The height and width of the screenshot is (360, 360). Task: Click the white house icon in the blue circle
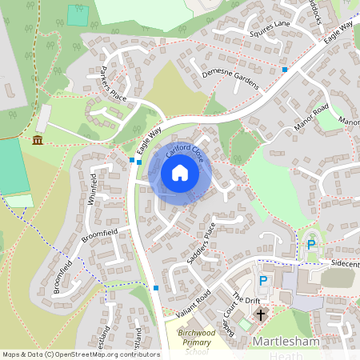click(x=180, y=173)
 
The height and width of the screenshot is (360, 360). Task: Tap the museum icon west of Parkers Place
click(x=38, y=142)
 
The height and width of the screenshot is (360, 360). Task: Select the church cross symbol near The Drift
click(x=261, y=315)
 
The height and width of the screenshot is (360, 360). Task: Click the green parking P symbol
click(x=311, y=245)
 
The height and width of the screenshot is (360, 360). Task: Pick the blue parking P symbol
click(x=263, y=282)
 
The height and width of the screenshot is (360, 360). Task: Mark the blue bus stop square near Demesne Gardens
click(x=285, y=70)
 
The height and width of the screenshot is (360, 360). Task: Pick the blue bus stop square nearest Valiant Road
click(x=155, y=288)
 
